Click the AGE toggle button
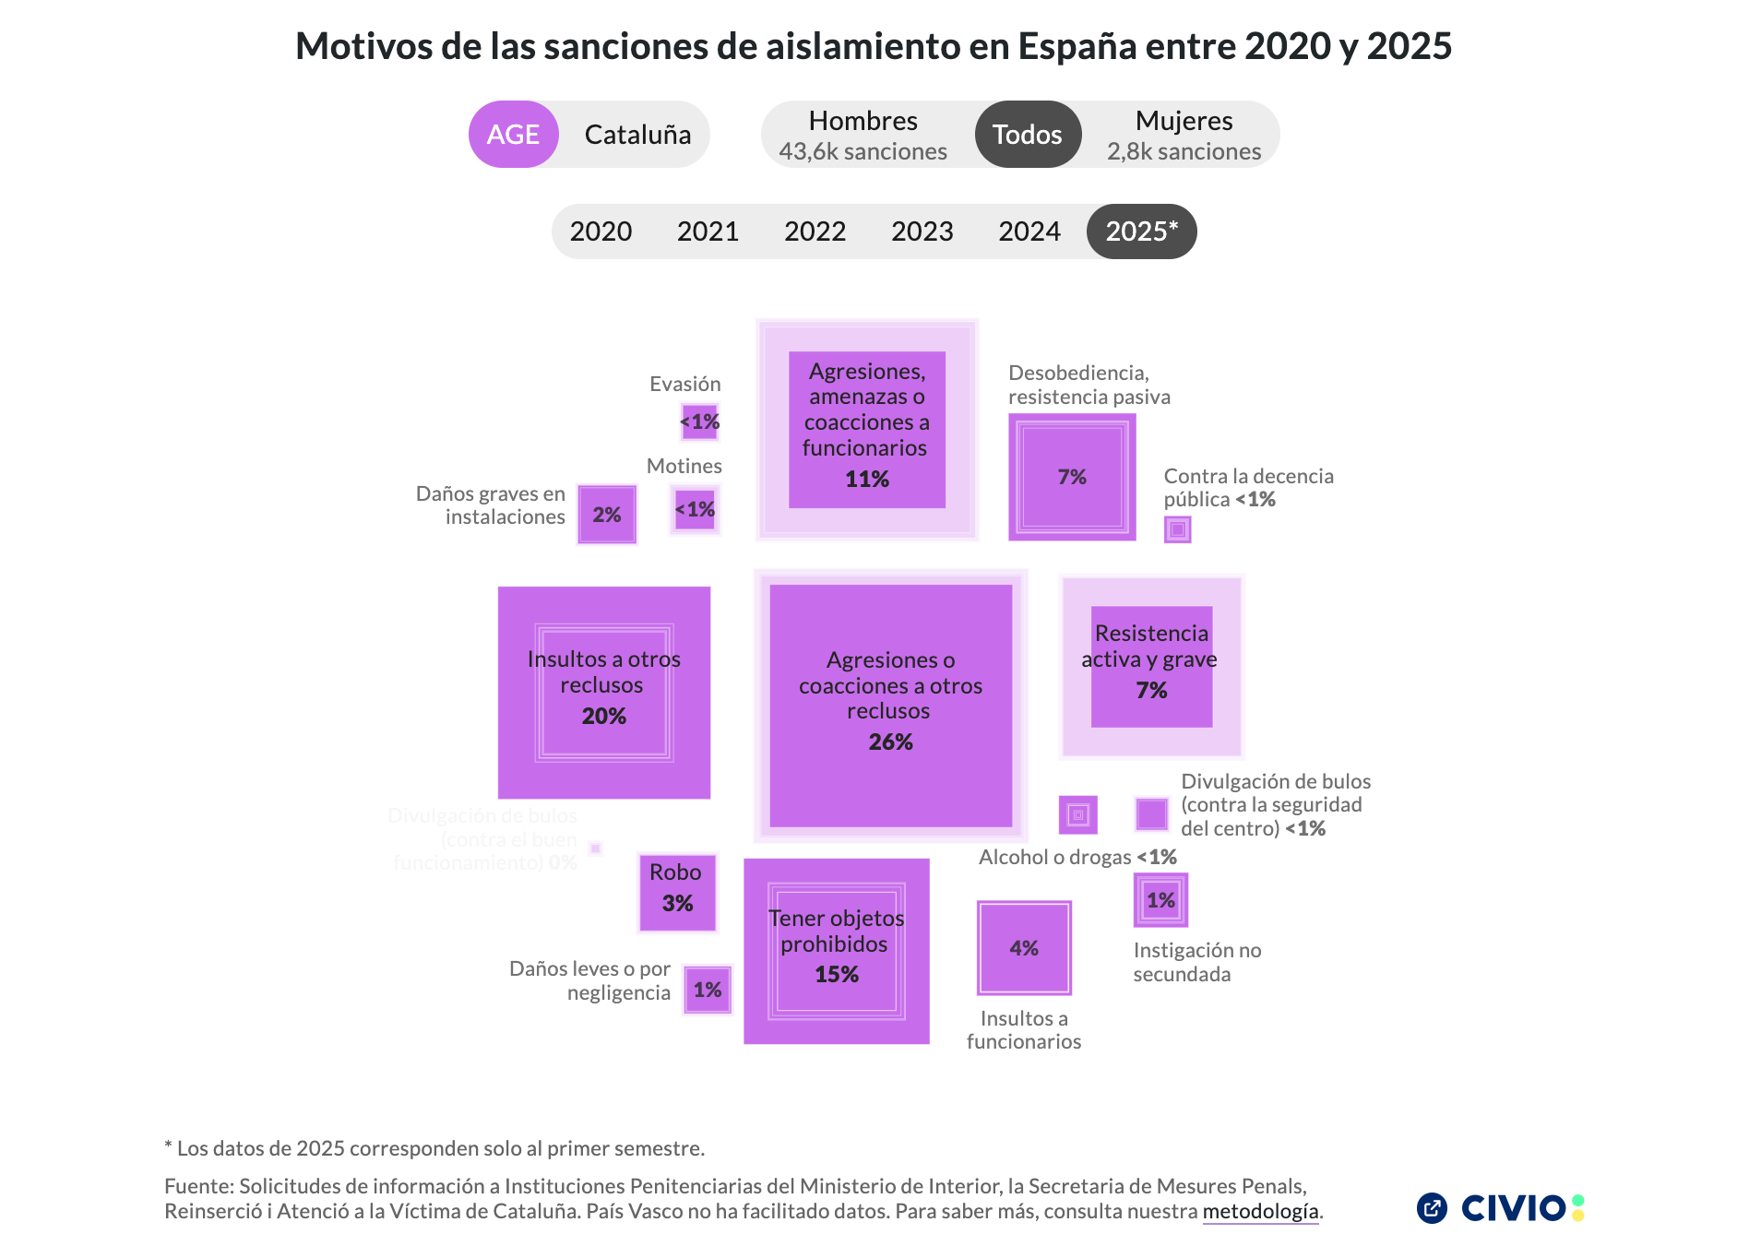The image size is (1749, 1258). [513, 135]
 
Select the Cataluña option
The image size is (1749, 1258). [637, 135]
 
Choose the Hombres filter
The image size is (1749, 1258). [863, 135]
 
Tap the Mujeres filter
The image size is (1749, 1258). [1184, 135]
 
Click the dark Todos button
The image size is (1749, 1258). [1027, 135]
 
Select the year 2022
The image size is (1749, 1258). [815, 231]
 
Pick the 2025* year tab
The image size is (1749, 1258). [1141, 231]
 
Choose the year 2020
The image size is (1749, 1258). [601, 231]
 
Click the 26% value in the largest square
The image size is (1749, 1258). [890, 742]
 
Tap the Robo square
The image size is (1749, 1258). [677, 892]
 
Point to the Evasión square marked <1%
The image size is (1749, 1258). [700, 422]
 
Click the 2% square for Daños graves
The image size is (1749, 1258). [607, 515]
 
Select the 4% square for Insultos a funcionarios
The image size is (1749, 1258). [1024, 948]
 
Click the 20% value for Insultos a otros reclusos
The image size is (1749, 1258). [603, 716]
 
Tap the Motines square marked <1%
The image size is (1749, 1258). [696, 509]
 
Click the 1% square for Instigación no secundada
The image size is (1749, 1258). [1160, 900]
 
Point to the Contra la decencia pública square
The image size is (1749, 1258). [1177, 529]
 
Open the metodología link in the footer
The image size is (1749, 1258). [1260, 1212]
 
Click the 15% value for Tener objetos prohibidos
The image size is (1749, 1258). [837, 974]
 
